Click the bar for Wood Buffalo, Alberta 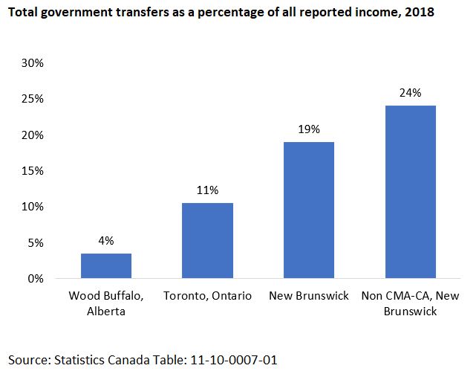pyautogui.click(x=106, y=266)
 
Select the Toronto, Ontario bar pyautogui.click(x=207, y=241)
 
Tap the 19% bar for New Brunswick pyautogui.click(x=309, y=210)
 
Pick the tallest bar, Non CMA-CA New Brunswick pyautogui.click(x=410, y=192)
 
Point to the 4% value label pyautogui.click(x=106, y=241)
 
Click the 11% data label pyautogui.click(x=208, y=190)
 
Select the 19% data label pyautogui.click(x=309, y=129)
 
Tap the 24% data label pyautogui.click(x=410, y=93)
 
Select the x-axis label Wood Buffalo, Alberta pyautogui.click(x=106, y=303)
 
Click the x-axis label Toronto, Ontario pyautogui.click(x=207, y=296)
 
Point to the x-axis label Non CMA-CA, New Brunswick pyautogui.click(x=410, y=303)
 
